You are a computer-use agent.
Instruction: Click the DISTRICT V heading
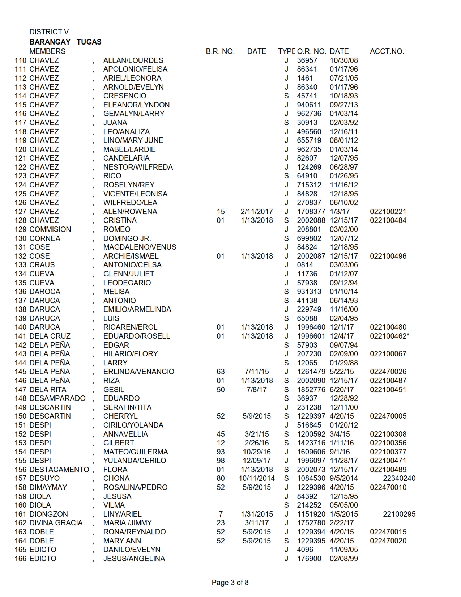point(49,32)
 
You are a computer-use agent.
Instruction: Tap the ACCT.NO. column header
point(387,51)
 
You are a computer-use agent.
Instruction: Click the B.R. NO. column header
point(220,51)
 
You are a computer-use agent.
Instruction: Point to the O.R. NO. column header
point(312,51)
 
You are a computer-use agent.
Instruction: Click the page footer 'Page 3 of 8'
point(230,583)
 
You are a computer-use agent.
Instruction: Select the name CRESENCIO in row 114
point(125,96)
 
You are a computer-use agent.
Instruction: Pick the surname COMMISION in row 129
point(50,229)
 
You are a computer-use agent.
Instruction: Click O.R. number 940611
point(309,105)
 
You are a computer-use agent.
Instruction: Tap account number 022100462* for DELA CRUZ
point(390,336)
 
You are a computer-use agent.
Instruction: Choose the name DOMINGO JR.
point(127,238)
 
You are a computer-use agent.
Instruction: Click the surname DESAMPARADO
point(57,398)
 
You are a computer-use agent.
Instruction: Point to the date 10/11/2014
point(257,478)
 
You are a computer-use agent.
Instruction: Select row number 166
point(21,559)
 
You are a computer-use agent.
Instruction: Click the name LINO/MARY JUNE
point(133,140)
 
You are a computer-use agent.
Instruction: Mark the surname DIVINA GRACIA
point(56,523)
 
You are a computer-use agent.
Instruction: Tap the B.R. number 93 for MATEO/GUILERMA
point(221,452)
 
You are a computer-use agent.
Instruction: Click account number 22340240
point(399,478)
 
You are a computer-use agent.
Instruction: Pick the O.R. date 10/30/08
point(344,60)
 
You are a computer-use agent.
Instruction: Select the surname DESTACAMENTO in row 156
point(59,470)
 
